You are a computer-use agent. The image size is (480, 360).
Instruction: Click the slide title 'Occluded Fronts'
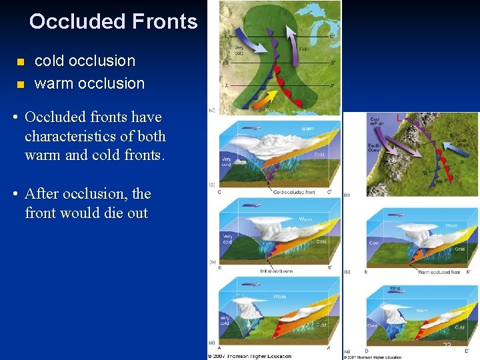(113, 22)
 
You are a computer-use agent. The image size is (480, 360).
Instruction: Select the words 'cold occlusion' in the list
(85, 61)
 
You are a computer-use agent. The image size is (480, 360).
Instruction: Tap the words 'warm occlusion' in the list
(89, 84)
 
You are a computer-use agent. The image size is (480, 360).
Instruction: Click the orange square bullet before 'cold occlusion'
(20, 62)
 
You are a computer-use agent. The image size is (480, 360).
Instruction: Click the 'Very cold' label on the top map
(242, 49)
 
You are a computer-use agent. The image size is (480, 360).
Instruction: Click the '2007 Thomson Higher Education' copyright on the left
(250, 356)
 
